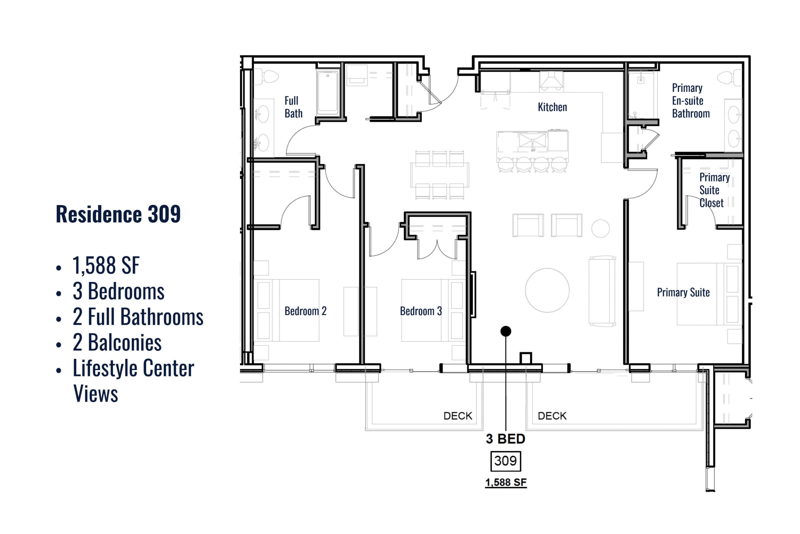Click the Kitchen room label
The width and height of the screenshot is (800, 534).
(x=552, y=107)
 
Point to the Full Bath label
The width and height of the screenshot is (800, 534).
(x=293, y=107)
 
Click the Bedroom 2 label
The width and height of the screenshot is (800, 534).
(x=305, y=311)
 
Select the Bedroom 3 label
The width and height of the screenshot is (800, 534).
(x=421, y=311)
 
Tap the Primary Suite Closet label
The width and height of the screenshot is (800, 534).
(x=714, y=190)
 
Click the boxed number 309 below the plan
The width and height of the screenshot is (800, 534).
(x=505, y=461)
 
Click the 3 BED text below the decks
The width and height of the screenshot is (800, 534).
(x=505, y=439)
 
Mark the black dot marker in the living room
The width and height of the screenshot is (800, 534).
(x=506, y=331)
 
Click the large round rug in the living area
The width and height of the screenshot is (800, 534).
(x=547, y=290)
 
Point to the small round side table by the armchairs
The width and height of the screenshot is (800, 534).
(x=600, y=229)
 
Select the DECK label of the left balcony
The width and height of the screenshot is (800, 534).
(x=458, y=416)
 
